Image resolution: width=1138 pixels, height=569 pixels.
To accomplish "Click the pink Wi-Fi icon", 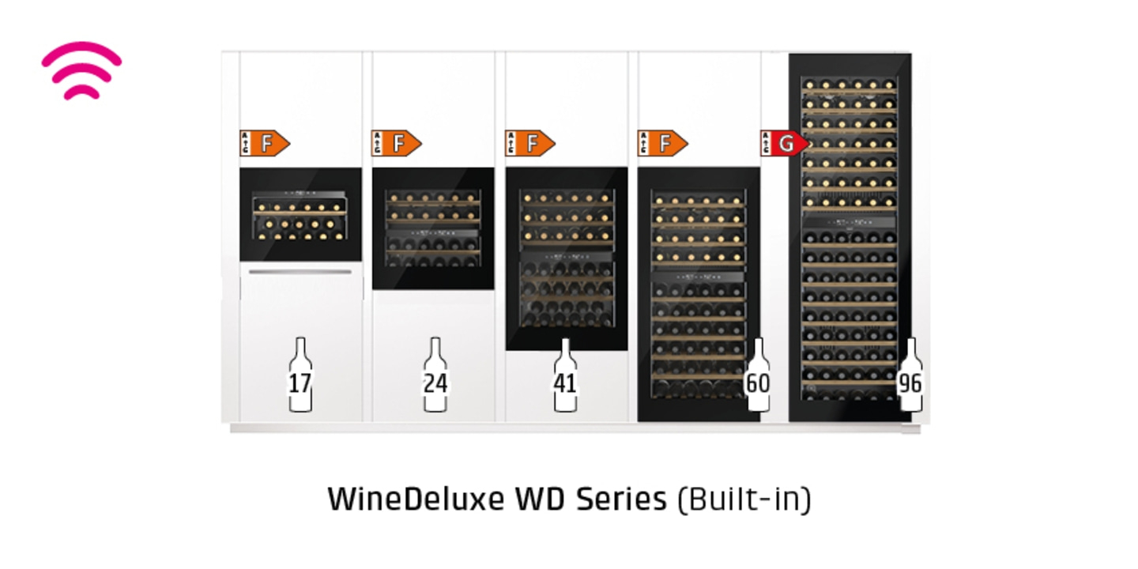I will (81, 70).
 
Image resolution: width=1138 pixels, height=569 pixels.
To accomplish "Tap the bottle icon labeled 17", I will (300, 377).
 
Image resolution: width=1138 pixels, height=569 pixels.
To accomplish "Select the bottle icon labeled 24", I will (435, 377).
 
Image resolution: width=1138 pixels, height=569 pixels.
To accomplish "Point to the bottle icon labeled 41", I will (565, 377).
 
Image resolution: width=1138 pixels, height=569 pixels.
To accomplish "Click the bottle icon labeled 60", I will (758, 377).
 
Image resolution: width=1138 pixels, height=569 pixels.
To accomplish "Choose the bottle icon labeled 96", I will (910, 377).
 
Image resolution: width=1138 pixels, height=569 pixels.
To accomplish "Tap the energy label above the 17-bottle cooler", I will (265, 144).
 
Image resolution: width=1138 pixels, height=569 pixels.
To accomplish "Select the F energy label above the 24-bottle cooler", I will (397, 144).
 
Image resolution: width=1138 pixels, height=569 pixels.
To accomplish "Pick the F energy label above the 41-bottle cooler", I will (530, 144).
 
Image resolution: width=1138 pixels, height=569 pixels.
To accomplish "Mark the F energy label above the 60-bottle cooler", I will (663, 144).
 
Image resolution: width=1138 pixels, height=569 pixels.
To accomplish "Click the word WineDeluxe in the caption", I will (416, 499).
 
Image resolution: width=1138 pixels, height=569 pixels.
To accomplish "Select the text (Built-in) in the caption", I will (744, 499).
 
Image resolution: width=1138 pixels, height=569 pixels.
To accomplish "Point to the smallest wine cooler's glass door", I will (300, 215).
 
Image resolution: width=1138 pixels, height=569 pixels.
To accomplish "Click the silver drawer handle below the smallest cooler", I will (300, 272).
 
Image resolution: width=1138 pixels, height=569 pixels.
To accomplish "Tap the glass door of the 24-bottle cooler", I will (433, 229).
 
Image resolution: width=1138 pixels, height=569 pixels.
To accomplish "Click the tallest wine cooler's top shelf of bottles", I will (849, 85).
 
